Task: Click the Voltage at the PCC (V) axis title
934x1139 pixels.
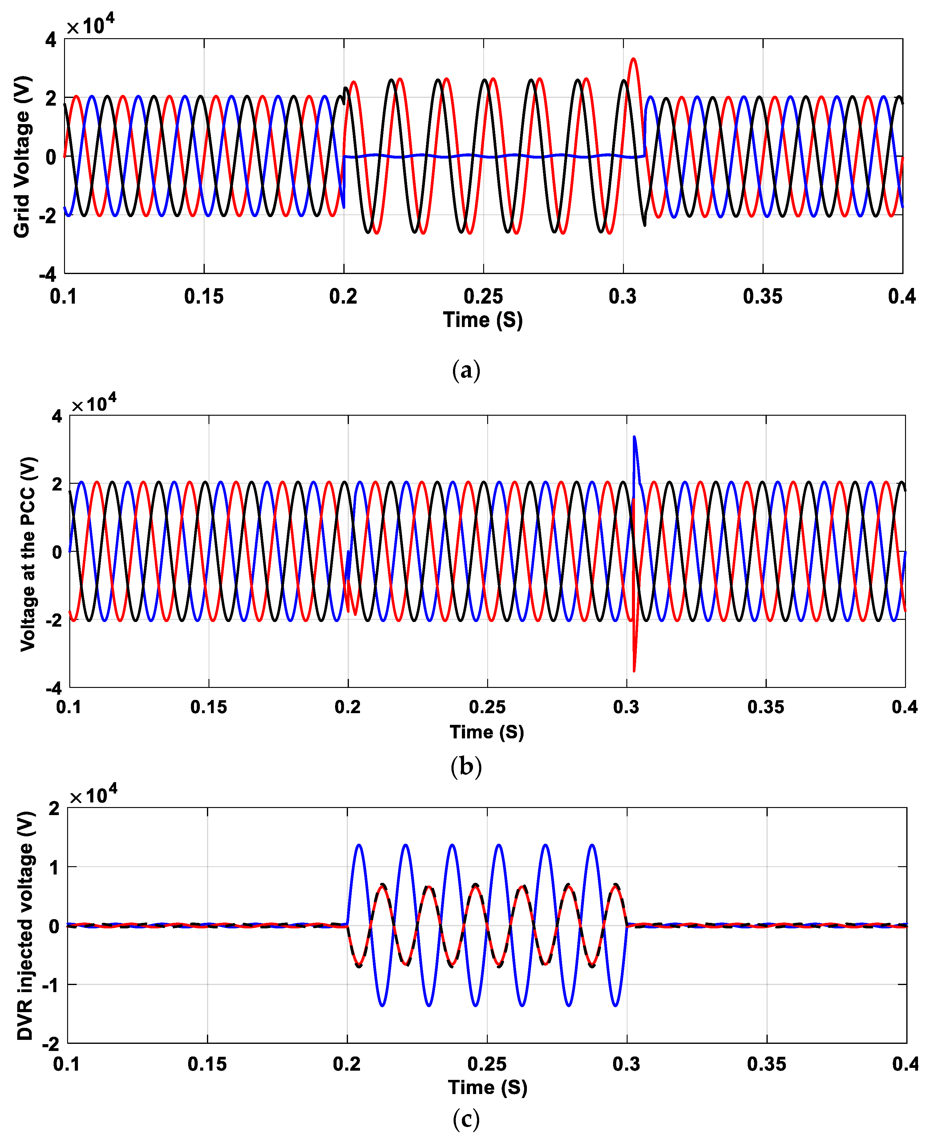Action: tap(28, 554)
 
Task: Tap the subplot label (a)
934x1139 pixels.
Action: tap(466, 371)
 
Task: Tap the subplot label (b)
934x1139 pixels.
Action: tap(466, 766)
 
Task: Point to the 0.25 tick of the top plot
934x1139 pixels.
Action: tap(483, 297)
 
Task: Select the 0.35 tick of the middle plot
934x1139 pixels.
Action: tap(766, 706)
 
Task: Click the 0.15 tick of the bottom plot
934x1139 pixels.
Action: tap(207, 1064)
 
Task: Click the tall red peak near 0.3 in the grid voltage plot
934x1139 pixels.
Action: tap(634, 59)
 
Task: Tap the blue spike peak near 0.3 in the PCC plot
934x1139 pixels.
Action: tap(634, 438)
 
